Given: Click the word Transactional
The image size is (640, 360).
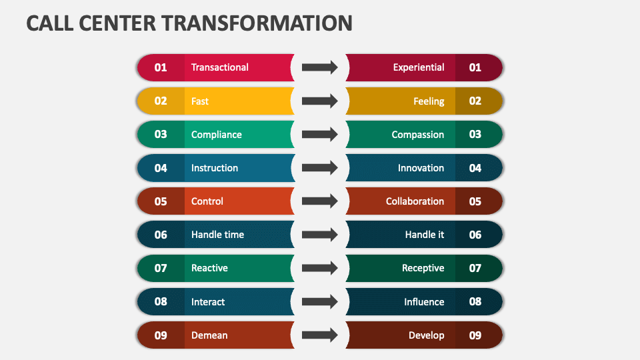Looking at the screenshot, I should coord(219,67).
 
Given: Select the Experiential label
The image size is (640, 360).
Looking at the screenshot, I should coord(418,67).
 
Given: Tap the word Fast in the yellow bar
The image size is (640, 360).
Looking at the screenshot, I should coord(199,101).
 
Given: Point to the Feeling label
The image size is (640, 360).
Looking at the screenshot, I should coord(428,101).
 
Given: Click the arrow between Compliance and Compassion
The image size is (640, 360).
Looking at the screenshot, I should coord(319,135).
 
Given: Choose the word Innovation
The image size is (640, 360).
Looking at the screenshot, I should coord(421,168).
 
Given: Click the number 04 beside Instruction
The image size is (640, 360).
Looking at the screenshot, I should coord(161,168).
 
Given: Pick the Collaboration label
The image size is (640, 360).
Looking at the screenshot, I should coord(415,201).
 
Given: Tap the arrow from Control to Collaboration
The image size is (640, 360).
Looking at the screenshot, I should coord(319,201).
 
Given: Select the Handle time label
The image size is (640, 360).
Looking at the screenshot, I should coord(217,235).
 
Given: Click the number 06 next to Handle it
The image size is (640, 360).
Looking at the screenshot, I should coord(475,235).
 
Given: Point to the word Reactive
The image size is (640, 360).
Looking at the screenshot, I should coord(209,268).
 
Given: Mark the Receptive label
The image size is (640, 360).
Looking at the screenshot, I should coord(423,268).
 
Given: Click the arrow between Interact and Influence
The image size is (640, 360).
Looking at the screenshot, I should coord(319,302).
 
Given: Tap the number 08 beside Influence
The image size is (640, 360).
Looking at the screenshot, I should coord(475,302).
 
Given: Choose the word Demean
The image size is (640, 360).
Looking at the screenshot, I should coord(209,335).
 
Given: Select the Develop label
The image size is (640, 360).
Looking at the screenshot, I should coord(426,335).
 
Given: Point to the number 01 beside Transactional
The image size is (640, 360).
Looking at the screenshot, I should coord(161,67).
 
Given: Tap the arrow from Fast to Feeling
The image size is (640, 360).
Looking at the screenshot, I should coord(319,101).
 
